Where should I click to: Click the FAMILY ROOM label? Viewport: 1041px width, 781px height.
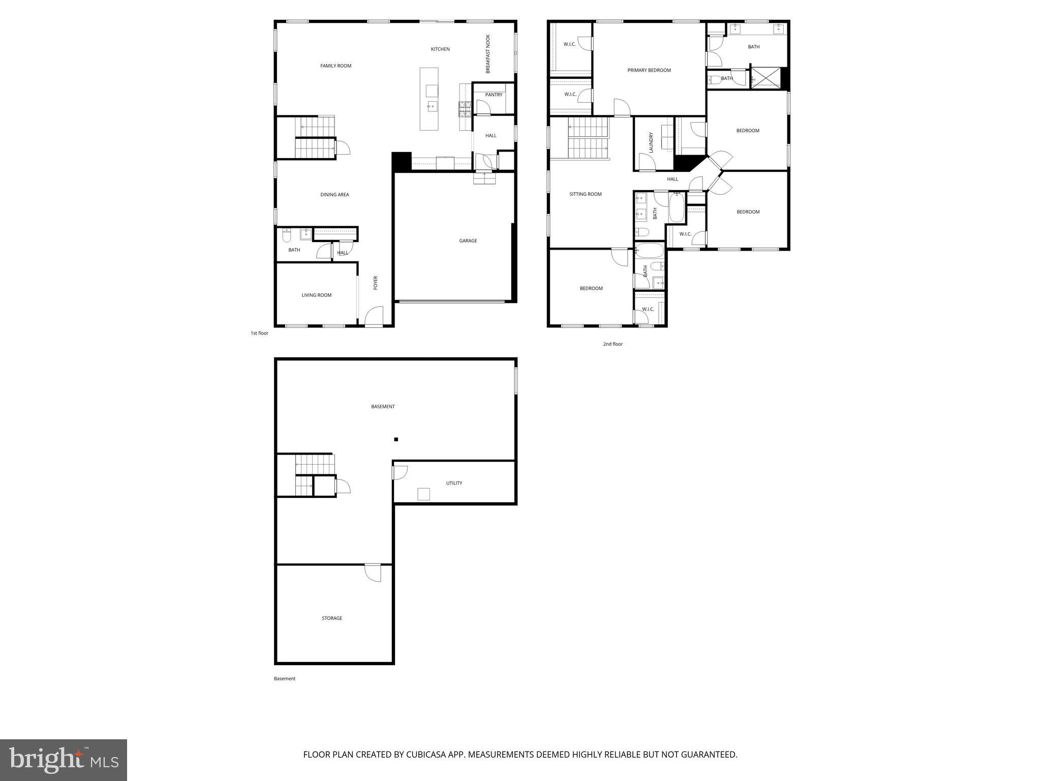[x=335, y=66]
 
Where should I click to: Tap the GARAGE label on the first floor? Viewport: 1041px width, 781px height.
[x=468, y=241]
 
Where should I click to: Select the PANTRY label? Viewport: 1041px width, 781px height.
[x=493, y=95]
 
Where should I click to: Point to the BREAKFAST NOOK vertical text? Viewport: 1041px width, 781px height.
[x=488, y=54]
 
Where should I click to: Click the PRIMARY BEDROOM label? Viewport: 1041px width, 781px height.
[x=649, y=70]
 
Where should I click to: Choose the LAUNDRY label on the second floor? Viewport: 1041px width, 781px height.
[x=651, y=143]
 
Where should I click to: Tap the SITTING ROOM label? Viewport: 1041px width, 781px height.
[x=585, y=194]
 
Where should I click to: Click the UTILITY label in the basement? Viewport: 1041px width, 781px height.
[x=454, y=483]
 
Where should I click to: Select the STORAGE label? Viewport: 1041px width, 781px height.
[x=331, y=618]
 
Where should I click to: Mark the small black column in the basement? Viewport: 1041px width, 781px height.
[x=396, y=439]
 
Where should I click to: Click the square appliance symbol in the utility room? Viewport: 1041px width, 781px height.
[x=423, y=494]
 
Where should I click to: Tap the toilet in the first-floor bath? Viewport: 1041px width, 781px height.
[x=287, y=236]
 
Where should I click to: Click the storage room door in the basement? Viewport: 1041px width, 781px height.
[x=373, y=573]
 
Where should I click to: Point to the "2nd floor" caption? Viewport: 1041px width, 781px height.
[x=613, y=344]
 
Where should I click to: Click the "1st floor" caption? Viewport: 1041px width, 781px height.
[x=259, y=334]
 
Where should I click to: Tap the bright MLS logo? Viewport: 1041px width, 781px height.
[x=64, y=760]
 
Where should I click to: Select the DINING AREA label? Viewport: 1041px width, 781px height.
[x=334, y=195]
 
